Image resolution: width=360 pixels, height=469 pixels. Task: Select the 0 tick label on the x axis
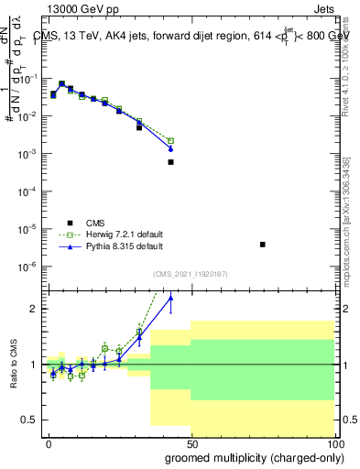pos(49,442)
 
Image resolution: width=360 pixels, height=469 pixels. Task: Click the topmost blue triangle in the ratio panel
pos(170,297)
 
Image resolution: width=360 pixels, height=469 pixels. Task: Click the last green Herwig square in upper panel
pos(170,141)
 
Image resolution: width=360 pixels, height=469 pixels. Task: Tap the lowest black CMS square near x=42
pos(170,162)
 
